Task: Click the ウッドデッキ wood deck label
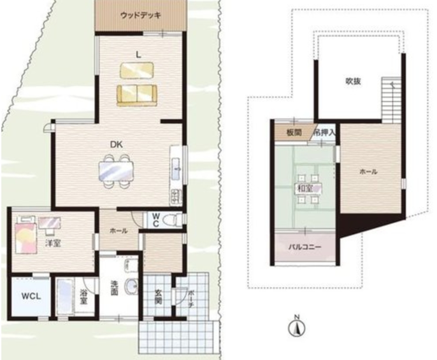pos(141,15)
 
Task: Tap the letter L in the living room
pos(138,55)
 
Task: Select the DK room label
pos(116,145)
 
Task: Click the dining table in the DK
pos(116,171)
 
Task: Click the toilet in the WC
pos(171,220)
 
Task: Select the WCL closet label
pos(31,296)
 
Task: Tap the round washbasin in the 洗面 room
pos(131,286)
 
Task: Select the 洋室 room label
pos(53,243)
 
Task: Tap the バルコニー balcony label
pos(305,247)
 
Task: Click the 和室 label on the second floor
pos(306,188)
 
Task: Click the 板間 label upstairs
pos(294,133)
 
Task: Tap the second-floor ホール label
pos(368,172)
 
